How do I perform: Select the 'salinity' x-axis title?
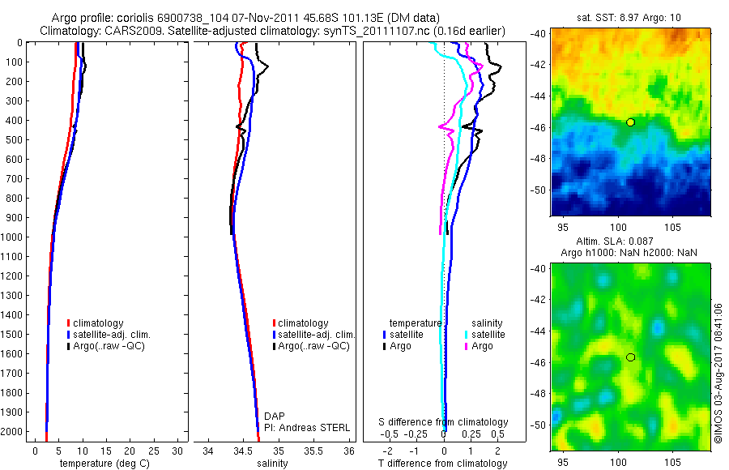point(271,464)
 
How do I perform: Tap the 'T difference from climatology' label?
point(442,464)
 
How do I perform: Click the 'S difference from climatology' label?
point(444,422)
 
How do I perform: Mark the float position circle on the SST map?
point(630,122)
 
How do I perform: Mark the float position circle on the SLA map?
point(630,357)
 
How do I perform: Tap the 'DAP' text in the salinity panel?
point(275,416)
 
